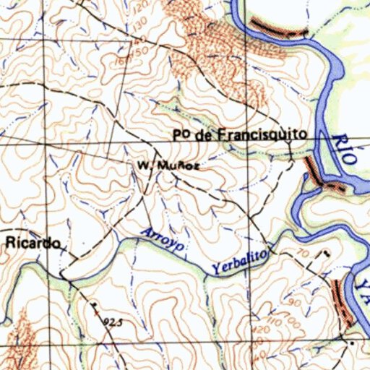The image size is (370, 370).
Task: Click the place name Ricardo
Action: coord(33,243)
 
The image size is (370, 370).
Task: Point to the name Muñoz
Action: coord(176,165)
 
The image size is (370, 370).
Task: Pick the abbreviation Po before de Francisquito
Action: coord(181,134)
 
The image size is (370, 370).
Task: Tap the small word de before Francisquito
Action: coord(205,134)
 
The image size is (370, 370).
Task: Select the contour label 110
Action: coord(272,319)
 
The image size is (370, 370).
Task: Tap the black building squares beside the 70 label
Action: coord(327,253)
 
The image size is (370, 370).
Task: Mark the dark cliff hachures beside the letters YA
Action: coord(340,300)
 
